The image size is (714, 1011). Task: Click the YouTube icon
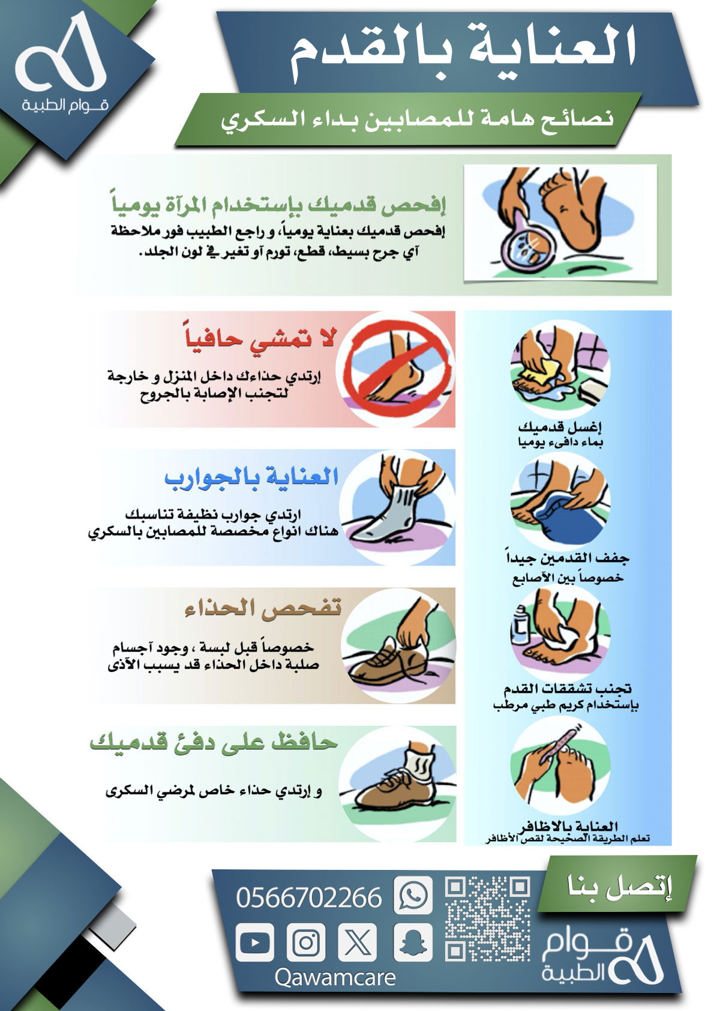[x=255, y=943]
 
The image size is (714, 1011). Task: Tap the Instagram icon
[x=306, y=943]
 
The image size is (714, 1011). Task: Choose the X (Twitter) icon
[x=358, y=943]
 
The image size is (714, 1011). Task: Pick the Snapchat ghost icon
[x=413, y=943]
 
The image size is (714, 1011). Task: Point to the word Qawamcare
[x=335, y=977]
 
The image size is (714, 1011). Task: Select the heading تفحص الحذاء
[x=263, y=608]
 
